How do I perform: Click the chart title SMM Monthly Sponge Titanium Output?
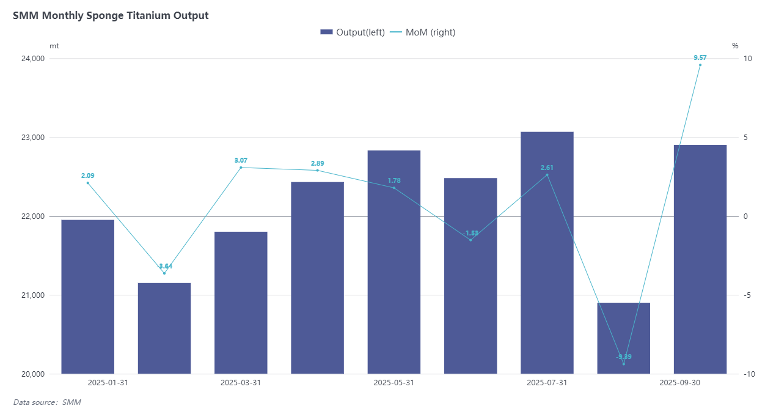tap(111, 16)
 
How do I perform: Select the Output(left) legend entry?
tap(353, 32)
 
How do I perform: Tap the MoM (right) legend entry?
tap(423, 32)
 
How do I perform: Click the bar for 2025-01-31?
tap(87, 297)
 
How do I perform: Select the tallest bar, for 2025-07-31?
tap(547, 253)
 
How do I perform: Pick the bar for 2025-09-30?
tap(700, 259)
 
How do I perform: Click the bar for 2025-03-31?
tap(241, 303)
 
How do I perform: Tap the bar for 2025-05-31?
tap(394, 262)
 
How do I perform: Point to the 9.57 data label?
tap(700, 57)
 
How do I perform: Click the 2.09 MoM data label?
tap(87, 176)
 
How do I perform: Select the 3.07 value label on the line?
tap(241, 160)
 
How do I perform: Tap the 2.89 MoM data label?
tap(317, 163)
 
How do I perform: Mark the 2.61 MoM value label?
tap(547, 168)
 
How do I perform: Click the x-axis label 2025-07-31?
tap(547, 383)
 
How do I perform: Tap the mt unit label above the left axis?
tap(54, 46)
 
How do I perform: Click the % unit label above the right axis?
tap(735, 46)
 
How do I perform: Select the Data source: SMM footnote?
tap(47, 402)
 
